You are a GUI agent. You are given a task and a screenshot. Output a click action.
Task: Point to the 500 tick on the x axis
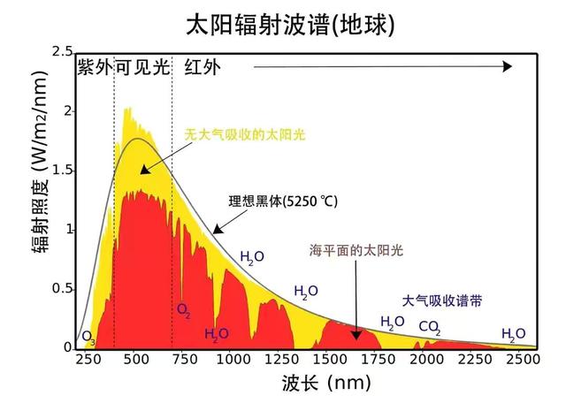[x=135, y=361]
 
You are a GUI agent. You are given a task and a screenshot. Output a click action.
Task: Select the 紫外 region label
[x=94, y=68]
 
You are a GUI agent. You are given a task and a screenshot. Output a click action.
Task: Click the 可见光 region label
[x=142, y=68]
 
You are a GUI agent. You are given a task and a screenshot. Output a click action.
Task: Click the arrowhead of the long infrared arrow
[x=507, y=66]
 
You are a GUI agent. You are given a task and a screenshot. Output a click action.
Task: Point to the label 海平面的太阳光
[x=356, y=251]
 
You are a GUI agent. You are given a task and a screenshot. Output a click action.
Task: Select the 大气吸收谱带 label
[x=442, y=300]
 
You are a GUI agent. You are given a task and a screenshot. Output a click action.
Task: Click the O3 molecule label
[x=88, y=337]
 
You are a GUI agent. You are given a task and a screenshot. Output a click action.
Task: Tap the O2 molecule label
[x=183, y=310]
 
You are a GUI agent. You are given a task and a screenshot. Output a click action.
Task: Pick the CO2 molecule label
[x=429, y=327]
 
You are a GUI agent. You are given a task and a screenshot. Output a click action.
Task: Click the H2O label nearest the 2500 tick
[x=513, y=334]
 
